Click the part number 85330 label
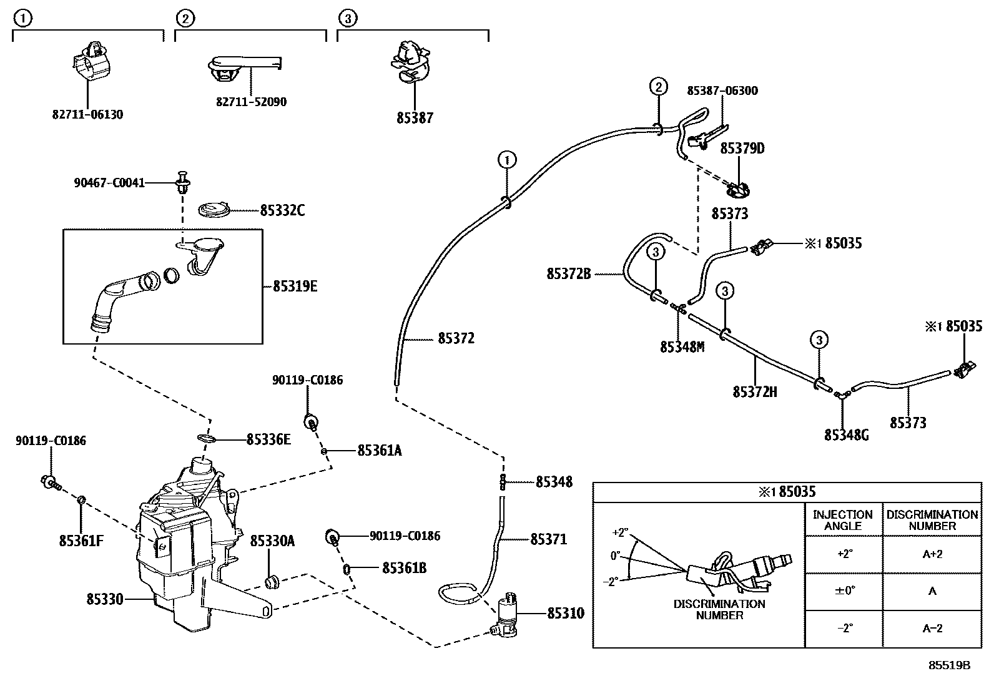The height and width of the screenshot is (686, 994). pyautogui.click(x=105, y=599)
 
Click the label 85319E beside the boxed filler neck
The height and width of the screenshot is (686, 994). pyautogui.click(x=295, y=287)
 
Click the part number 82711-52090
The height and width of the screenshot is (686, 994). pyautogui.click(x=251, y=102)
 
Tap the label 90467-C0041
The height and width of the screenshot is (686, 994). pyautogui.click(x=109, y=183)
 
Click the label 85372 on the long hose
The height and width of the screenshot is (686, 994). pyautogui.click(x=456, y=338)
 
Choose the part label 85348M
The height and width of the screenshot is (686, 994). pyautogui.click(x=682, y=347)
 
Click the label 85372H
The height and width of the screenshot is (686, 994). pyautogui.click(x=754, y=392)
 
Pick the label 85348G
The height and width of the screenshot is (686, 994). pyautogui.click(x=846, y=435)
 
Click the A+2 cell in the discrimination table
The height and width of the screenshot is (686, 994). pyautogui.click(x=932, y=554)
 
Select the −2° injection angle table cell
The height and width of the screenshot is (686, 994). pyautogui.click(x=844, y=629)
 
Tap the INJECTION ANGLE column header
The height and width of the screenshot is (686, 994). pyautogui.click(x=843, y=520)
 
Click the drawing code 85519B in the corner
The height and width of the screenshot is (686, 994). pyautogui.click(x=949, y=665)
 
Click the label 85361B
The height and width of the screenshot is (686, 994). pyautogui.click(x=404, y=569)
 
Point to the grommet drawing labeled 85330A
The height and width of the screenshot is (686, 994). pyautogui.click(x=272, y=582)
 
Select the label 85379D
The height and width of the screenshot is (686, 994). pyautogui.click(x=742, y=149)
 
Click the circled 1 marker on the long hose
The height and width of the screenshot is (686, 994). pyautogui.click(x=507, y=160)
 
